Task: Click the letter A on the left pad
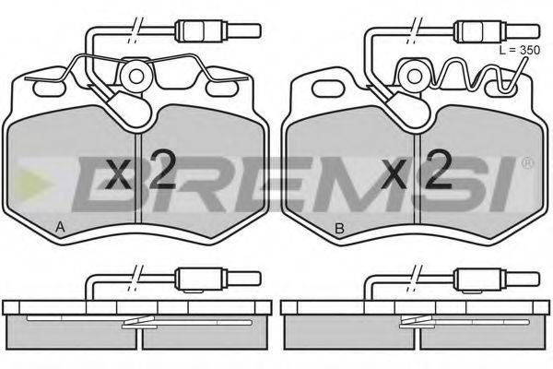[60, 228]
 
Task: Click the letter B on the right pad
[339, 229]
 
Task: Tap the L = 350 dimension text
[520, 50]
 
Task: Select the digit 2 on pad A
[162, 169]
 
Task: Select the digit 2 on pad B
[440, 169]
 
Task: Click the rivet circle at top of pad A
[136, 76]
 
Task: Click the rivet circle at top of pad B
[415, 76]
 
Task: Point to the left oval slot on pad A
[49, 89]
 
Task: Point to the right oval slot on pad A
[221, 89]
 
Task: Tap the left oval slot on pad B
[327, 88]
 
